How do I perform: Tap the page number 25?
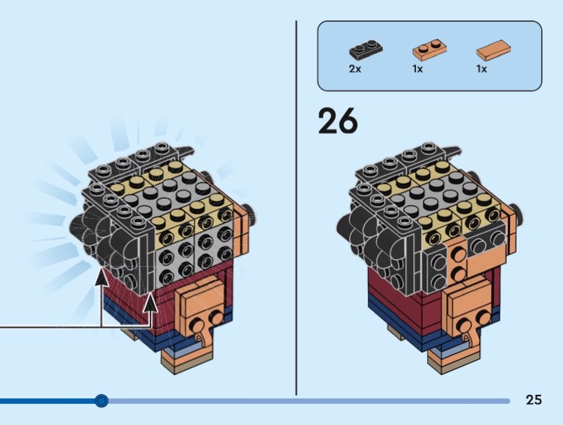pos(533,400)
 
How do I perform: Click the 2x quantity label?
pos(355,70)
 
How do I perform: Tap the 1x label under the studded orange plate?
pos(417,70)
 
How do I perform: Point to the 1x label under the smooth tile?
pos(481,70)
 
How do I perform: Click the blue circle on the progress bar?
pos(101,401)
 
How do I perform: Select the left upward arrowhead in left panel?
pos(101,277)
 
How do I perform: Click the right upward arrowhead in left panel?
pos(151,303)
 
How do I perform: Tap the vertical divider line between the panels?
pos(296,211)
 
